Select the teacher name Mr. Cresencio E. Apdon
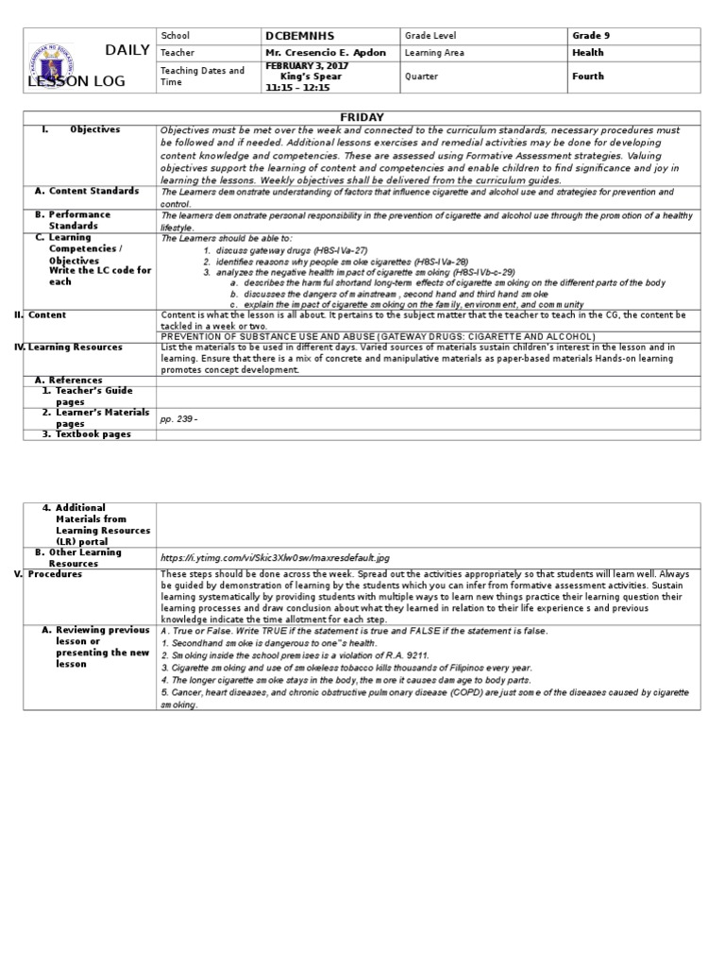[x=326, y=53]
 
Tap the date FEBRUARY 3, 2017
[x=306, y=66]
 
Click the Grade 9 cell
[x=591, y=36]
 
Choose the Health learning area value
[x=587, y=53]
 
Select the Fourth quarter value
[x=588, y=76]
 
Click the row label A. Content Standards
[x=92, y=191]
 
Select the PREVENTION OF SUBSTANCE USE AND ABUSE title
[x=379, y=336]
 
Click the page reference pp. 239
[x=179, y=418]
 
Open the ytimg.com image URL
[x=275, y=558]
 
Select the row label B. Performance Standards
[x=79, y=220]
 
